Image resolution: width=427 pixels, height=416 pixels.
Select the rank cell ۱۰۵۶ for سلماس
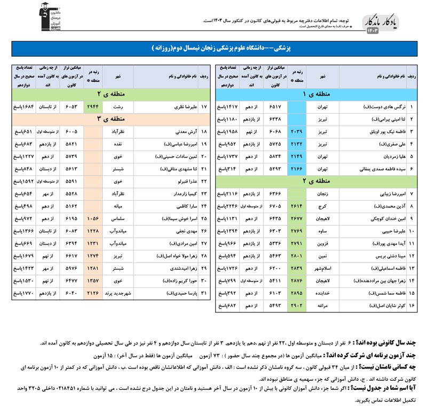[x=93, y=218]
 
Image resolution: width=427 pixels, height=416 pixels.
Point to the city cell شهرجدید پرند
[x=119, y=293]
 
